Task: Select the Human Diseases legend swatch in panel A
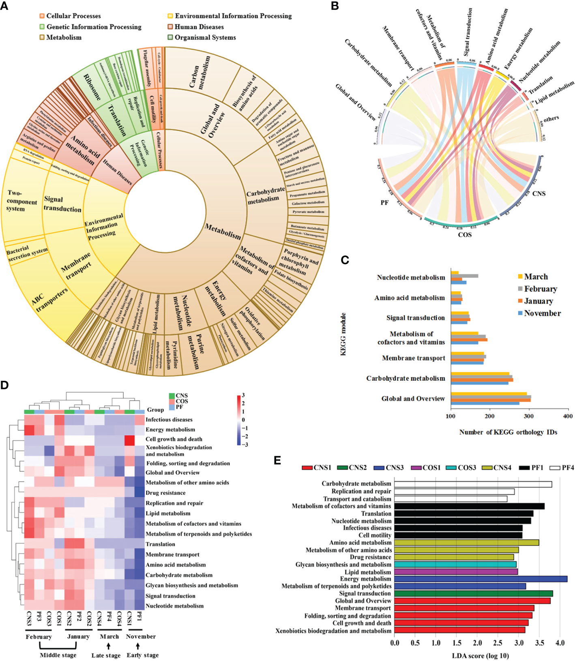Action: click(x=170, y=27)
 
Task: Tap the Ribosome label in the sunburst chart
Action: click(x=92, y=87)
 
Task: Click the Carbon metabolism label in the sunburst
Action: click(x=200, y=72)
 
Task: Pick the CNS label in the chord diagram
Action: click(x=539, y=193)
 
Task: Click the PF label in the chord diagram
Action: click(x=384, y=202)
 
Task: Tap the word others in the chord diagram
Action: click(x=551, y=119)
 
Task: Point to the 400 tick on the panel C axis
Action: click(x=568, y=416)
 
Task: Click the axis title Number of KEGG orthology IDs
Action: click(x=508, y=432)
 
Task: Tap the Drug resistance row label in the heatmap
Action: click(x=165, y=493)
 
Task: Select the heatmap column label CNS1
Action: click(x=129, y=620)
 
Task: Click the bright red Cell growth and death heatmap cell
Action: click(x=129, y=440)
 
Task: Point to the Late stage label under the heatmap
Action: click(x=106, y=655)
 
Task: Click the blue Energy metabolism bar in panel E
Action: click(x=481, y=579)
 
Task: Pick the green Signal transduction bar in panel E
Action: click(x=473, y=594)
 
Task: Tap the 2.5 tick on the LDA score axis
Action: click(x=498, y=643)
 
